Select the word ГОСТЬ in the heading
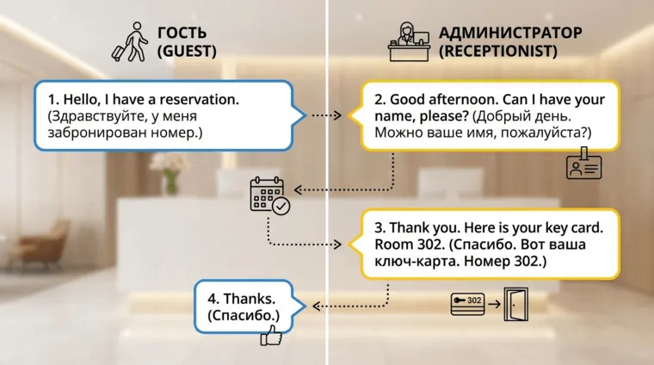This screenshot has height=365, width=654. coord(182,34)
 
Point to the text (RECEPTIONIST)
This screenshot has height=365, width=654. coord(497,52)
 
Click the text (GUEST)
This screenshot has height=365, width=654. coord(187,52)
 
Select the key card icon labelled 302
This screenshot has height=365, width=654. coord(470,304)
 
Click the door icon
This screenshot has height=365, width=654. coord(517,302)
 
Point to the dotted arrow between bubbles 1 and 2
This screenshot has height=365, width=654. coord(328,114)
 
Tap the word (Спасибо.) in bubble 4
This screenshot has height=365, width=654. coord(244,317)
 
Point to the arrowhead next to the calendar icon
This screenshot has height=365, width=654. coord(298,188)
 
